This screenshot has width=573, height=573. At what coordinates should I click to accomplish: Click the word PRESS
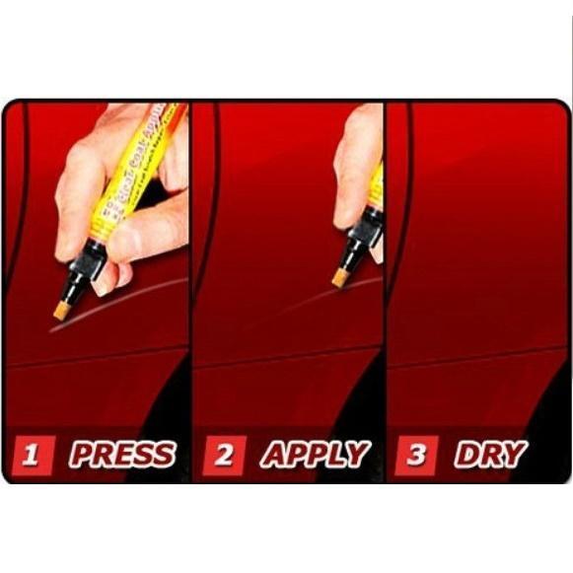click(x=121, y=455)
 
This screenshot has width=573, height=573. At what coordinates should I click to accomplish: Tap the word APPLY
click(x=315, y=455)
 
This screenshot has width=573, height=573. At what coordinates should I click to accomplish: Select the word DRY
click(x=490, y=455)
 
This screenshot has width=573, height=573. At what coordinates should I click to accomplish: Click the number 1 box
click(x=33, y=455)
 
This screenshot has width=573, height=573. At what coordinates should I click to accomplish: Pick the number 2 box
click(x=224, y=455)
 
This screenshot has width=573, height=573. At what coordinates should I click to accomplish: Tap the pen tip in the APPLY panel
click(x=340, y=277)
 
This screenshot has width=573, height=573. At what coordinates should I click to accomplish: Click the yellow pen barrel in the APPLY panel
click(x=377, y=187)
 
